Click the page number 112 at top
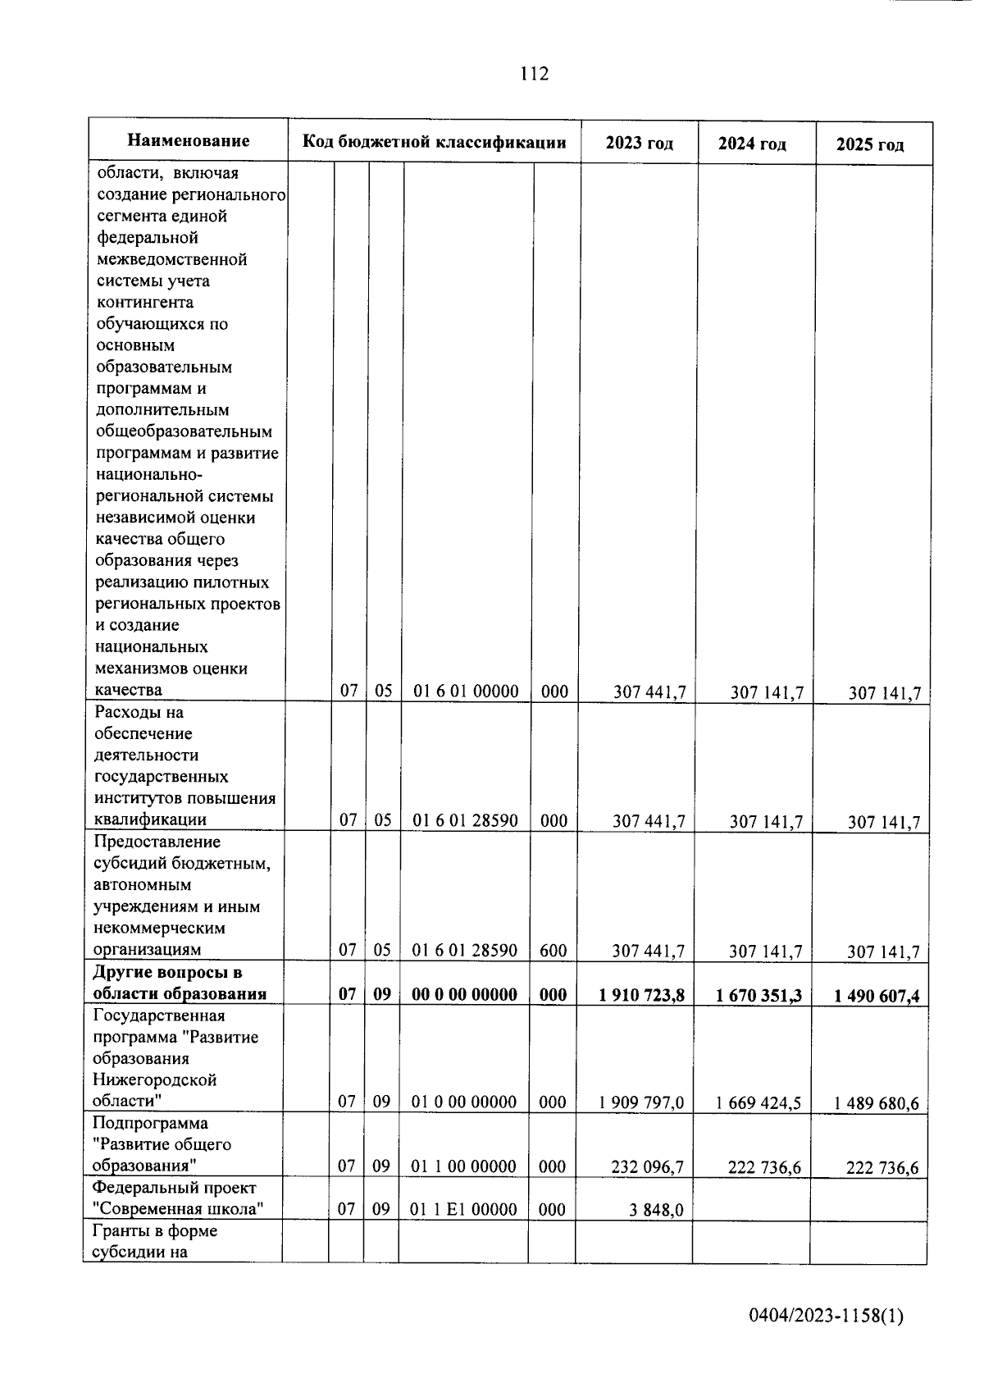pyautogui.click(x=534, y=74)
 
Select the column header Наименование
pyautogui.click(x=188, y=141)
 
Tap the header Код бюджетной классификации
pyautogui.click(x=434, y=143)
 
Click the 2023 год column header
pyautogui.click(x=639, y=144)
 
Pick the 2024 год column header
pyautogui.click(x=752, y=144)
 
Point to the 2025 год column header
pyautogui.click(x=870, y=145)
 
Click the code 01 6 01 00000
pyautogui.click(x=466, y=691)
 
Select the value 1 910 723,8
pyautogui.click(x=641, y=995)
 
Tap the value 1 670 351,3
pyautogui.click(x=758, y=996)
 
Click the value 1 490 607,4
pyautogui.click(x=877, y=997)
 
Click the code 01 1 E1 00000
pyautogui.click(x=463, y=1209)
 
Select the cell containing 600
pyautogui.click(x=553, y=951)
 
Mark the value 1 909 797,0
pyautogui.click(x=641, y=1102)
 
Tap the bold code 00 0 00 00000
pyautogui.click(x=464, y=994)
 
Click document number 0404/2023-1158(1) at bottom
pyautogui.click(x=826, y=1317)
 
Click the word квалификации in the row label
pyautogui.click(x=150, y=819)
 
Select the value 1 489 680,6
pyautogui.click(x=876, y=1103)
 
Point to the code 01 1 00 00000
pyautogui.click(x=463, y=1166)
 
